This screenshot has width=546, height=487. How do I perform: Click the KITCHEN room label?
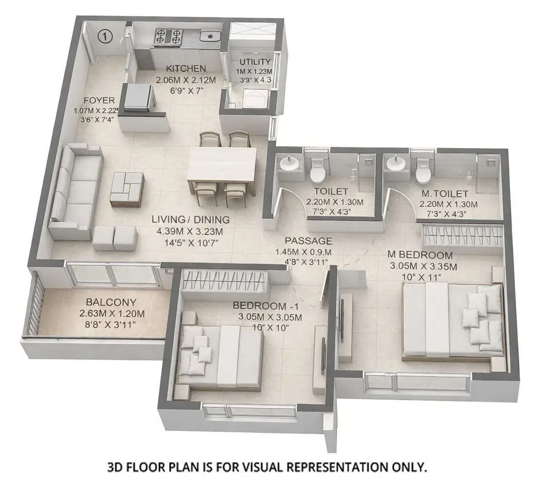[x=186, y=68]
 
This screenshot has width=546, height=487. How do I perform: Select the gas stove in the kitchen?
[x=168, y=36]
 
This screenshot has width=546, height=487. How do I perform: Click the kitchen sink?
[x=210, y=36]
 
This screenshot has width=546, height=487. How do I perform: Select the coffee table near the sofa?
[x=126, y=189]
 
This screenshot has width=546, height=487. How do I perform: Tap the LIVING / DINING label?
[x=190, y=220]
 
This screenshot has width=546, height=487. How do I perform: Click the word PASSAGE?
[x=308, y=241]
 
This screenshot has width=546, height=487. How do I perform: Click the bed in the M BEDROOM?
[x=451, y=320]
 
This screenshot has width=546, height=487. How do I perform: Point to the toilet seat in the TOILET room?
[x=317, y=172]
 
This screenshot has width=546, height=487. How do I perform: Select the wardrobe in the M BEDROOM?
[x=462, y=236]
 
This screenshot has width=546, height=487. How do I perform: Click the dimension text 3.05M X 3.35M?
[x=417, y=266]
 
